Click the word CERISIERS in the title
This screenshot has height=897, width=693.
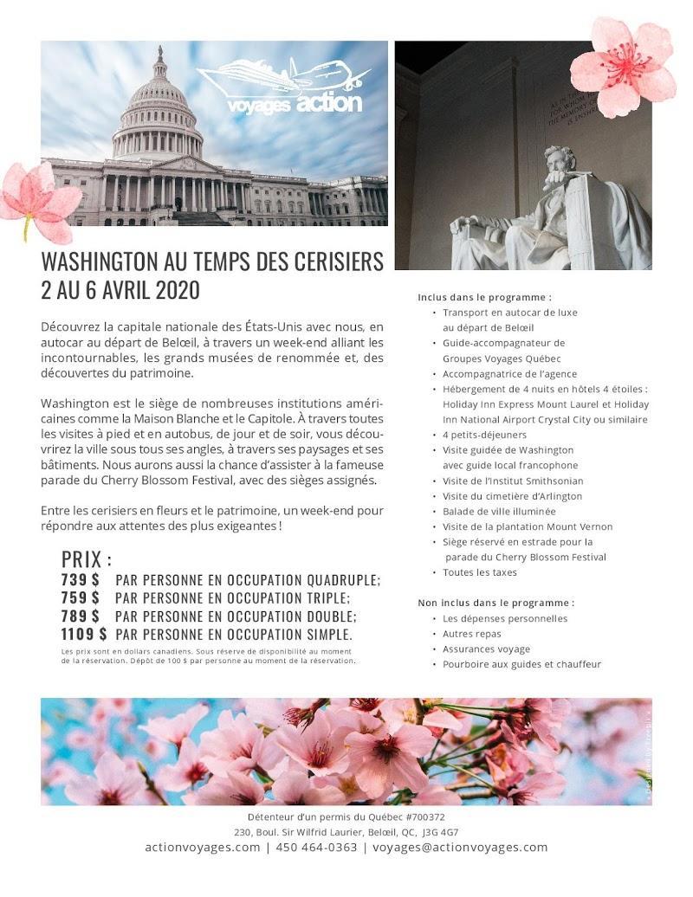coord(321,261)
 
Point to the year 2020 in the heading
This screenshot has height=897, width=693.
coord(177,290)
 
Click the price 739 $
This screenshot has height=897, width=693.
coord(80,579)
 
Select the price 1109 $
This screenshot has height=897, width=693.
coord(84,634)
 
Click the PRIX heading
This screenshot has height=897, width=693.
coord(86,558)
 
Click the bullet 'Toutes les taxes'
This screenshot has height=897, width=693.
coord(479,572)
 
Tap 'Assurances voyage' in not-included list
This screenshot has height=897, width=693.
coord(486,649)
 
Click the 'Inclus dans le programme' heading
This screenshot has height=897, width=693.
coord(484,297)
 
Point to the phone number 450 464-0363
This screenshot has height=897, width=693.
coord(316,848)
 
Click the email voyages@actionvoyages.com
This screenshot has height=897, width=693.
coord(460,848)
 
